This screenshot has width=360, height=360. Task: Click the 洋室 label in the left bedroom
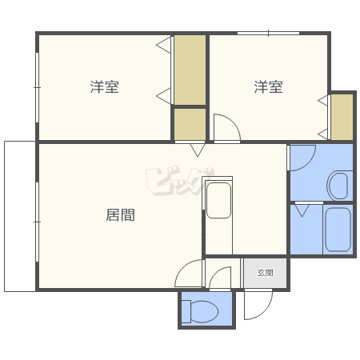(x=104, y=87)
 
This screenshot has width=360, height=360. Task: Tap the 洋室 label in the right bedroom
(x=268, y=87)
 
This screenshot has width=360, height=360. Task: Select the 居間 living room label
(x=120, y=215)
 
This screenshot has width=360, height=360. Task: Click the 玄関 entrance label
(x=265, y=273)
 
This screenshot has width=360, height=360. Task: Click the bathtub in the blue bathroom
(x=338, y=230)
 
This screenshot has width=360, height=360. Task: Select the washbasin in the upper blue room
(x=338, y=186)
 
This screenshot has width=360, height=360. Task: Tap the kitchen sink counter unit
(x=218, y=215)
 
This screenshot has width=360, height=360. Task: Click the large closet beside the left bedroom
(x=190, y=70)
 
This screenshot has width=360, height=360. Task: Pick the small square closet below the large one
(x=190, y=124)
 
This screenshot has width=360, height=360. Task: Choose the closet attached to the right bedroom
(x=342, y=117)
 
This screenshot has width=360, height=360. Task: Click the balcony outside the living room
(x=20, y=216)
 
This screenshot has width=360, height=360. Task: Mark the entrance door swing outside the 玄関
(x=258, y=305)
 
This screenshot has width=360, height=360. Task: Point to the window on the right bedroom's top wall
(x=268, y=33)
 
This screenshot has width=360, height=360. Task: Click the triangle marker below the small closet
(x=198, y=150)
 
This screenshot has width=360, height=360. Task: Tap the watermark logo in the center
(x=180, y=181)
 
